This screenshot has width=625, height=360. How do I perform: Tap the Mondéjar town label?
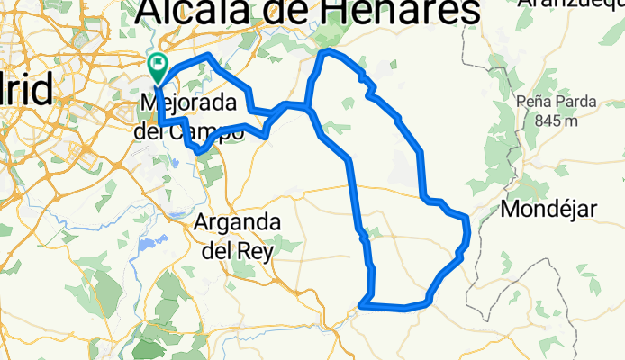tap(548, 210)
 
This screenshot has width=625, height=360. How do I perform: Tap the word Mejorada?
tap(186, 103)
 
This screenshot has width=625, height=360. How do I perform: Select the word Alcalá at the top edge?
tap(191, 12)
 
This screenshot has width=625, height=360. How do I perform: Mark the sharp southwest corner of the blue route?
tap(362, 305)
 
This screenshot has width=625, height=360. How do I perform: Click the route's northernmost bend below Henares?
tap(326, 53)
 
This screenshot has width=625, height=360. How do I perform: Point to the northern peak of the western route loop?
tap(210, 56)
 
